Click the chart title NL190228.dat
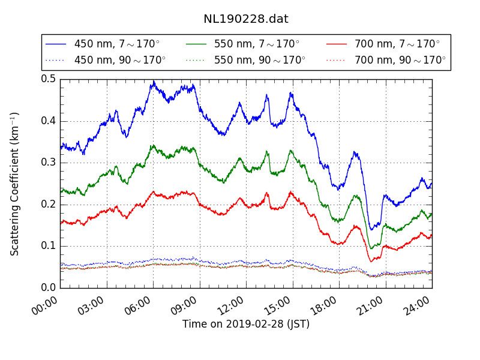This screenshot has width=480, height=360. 246,19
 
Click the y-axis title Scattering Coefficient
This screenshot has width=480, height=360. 15,184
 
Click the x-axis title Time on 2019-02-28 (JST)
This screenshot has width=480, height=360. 246,325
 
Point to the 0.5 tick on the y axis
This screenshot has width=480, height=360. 49,79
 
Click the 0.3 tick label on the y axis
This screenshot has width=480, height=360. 49,163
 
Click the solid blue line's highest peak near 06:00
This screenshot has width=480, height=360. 154,82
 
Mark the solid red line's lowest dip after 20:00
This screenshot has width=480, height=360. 371,261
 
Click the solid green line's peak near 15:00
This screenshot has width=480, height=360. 291,151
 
